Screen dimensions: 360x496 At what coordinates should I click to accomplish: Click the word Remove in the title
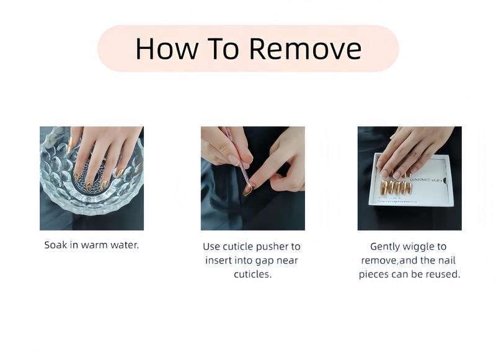point(306,48)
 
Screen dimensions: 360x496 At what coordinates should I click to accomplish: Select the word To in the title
point(223,48)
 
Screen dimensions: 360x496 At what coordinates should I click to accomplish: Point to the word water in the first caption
point(123,245)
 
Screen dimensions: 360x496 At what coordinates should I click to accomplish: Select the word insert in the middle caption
point(219,260)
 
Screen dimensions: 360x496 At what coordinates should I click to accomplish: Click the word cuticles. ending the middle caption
point(252,274)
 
